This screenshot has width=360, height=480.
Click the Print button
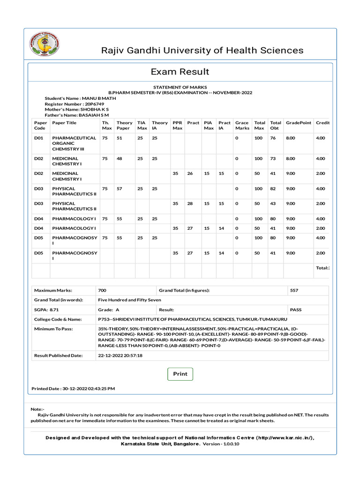point(180,374)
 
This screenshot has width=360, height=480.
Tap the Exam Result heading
point(180,72)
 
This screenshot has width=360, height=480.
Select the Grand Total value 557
point(294,290)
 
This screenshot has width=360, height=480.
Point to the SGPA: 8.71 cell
point(46,310)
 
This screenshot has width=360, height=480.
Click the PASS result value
point(296,310)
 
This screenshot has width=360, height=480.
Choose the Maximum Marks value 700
point(102,290)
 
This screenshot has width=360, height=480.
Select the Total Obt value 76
point(273,138)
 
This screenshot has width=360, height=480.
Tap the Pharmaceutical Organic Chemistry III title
point(74,143)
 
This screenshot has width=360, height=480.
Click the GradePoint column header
point(298,123)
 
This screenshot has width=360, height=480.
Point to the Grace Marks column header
point(242,125)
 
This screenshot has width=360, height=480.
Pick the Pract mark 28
point(190,203)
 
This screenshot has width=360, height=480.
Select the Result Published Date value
point(120,355)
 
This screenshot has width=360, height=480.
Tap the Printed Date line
point(73,389)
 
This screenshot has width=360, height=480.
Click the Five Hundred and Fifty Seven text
point(129,300)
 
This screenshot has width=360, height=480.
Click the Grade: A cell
point(108,310)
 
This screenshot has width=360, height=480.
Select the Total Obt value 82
point(273,188)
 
